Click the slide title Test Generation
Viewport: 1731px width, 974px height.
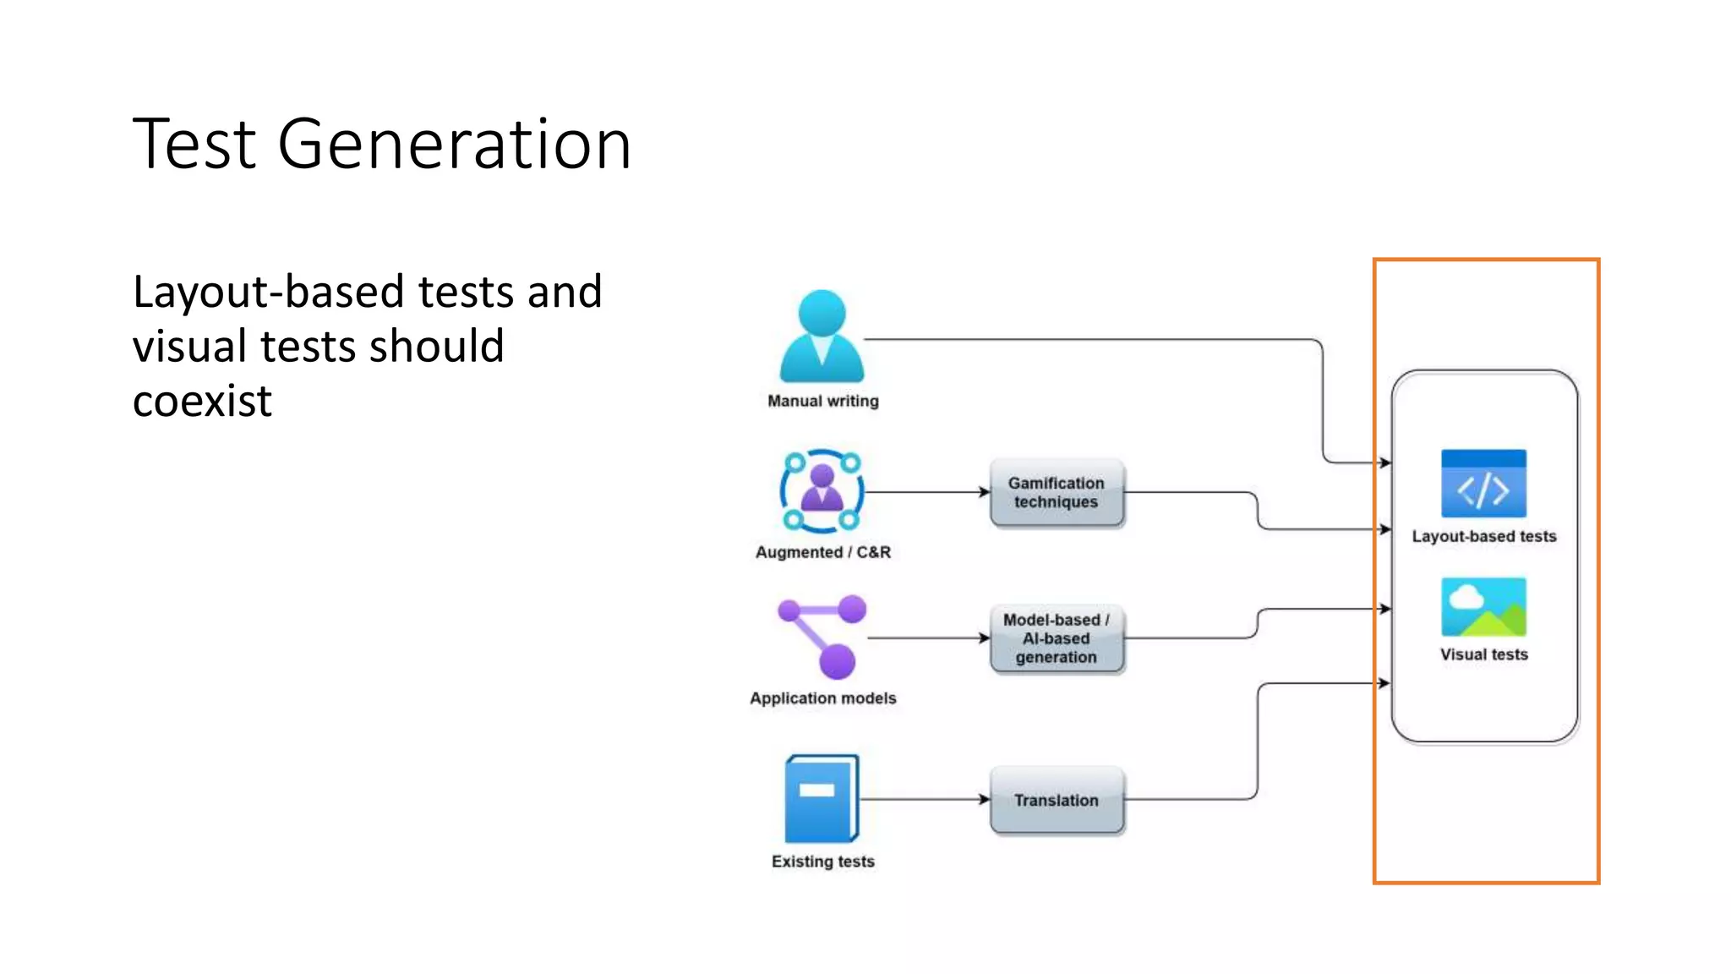382,145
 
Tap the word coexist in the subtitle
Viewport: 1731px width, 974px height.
203,401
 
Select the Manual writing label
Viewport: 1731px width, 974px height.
822,401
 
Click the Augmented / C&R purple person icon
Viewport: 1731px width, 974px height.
822,490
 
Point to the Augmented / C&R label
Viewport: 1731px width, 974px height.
822,552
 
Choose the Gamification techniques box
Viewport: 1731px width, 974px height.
1057,493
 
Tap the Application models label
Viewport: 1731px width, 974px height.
822,698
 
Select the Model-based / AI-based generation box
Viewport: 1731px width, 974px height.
1057,638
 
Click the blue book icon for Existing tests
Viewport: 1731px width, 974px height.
822,799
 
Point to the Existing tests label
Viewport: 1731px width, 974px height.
822,862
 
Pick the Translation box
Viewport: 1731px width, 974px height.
1057,800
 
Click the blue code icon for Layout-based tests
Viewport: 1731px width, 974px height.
1483,484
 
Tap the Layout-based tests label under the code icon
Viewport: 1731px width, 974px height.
1483,536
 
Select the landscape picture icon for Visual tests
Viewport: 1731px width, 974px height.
1483,607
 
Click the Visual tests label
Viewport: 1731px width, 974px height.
1483,654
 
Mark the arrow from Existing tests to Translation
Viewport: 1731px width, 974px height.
926,799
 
